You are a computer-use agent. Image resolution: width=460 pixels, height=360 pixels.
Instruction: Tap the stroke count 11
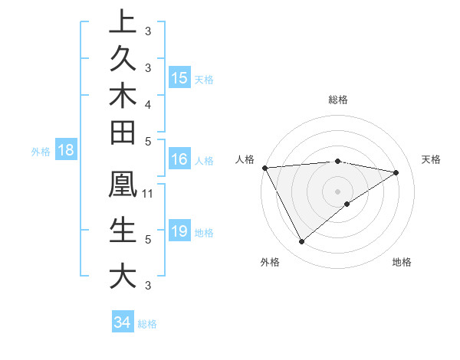[x=149, y=193]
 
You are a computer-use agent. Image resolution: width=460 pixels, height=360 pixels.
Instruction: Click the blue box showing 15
[x=179, y=77]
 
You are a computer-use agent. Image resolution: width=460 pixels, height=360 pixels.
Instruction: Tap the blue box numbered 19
[x=179, y=231]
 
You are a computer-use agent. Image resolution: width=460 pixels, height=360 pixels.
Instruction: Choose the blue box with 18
[x=66, y=150]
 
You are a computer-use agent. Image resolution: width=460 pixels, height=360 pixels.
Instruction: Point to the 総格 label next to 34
[x=147, y=324]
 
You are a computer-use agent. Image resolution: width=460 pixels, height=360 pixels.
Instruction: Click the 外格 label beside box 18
[x=41, y=152]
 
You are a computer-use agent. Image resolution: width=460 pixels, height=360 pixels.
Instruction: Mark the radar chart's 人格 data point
[x=264, y=168]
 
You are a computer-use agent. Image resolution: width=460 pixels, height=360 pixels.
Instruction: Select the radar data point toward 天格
[x=396, y=172]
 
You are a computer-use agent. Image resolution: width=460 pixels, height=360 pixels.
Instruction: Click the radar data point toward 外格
[x=301, y=241]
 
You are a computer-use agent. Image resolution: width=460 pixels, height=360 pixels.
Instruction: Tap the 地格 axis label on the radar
[x=402, y=263]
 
